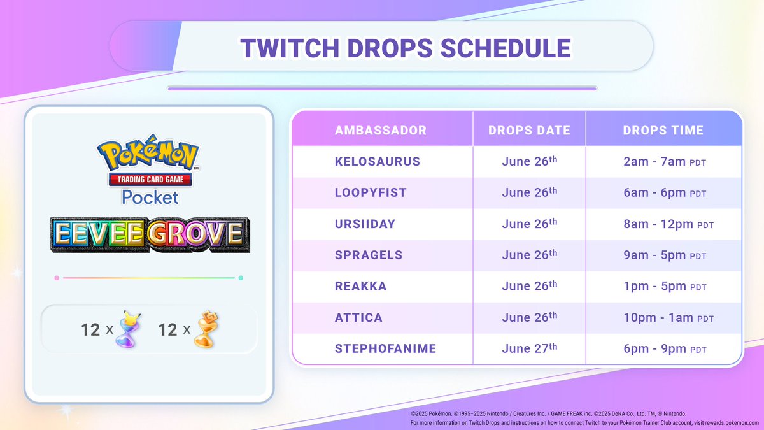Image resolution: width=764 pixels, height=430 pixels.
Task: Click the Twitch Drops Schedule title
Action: (x=382, y=48)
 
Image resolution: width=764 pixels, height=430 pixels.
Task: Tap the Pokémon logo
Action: (x=148, y=155)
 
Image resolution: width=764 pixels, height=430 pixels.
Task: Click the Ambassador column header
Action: (x=381, y=131)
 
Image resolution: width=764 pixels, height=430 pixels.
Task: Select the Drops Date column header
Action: (x=529, y=131)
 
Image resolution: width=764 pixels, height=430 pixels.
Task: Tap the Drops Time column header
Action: (x=663, y=131)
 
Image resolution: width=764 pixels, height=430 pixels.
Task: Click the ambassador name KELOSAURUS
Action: (x=378, y=162)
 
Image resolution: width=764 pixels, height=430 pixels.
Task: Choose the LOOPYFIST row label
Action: (x=371, y=193)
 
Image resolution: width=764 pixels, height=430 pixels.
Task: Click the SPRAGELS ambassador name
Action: (x=369, y=255)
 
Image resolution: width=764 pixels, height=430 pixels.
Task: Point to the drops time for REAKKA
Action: (x=665, y=287)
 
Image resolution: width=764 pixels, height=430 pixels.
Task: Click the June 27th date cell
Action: (x=529, y=348)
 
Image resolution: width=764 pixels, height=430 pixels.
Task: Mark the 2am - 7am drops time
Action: (x=665, y=162)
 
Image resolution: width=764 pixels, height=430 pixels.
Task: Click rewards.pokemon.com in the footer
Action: (x=729, y=422)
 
